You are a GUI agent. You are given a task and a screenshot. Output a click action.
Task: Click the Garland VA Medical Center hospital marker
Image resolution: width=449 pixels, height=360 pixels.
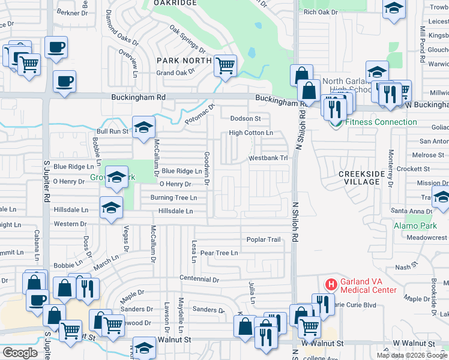pyautogui.click(x=330, y=284)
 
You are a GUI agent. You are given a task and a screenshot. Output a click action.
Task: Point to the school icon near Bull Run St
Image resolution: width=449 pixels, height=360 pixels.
pyautogui.click(x=143, y=127)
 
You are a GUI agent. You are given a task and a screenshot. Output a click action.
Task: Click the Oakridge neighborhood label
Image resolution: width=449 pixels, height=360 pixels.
pyautogui.click(x=175, y=3)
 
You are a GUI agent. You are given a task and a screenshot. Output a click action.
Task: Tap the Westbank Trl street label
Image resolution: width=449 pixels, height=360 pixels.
pyautogui.click(x=269, y=158)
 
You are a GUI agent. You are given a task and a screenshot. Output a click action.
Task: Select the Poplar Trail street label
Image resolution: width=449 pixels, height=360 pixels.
pyautogui.click(x=264, y=239)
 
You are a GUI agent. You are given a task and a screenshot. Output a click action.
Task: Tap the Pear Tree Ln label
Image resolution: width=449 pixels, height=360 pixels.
pyautogui.click(x=219, y=253)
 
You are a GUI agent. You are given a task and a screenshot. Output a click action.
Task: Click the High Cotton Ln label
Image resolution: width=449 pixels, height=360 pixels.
pyautogui.click(x=251, y=133)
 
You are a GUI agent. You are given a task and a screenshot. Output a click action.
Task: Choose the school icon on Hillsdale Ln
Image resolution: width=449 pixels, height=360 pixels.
pyautogui.click(x=111, y=208)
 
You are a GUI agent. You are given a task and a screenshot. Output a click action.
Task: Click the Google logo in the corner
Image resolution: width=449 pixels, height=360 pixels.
pyautogui.click(x=20, y=353)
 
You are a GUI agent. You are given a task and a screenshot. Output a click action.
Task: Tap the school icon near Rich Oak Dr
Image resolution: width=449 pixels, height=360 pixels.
pyautogui.click(x=394, y=8)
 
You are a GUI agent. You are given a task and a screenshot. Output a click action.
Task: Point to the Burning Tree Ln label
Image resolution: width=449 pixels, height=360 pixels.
pyautogui.click(x=173, y=197)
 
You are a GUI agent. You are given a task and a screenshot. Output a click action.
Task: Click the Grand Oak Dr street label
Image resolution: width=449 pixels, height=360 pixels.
pyautogui.click(x=176, y=73)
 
